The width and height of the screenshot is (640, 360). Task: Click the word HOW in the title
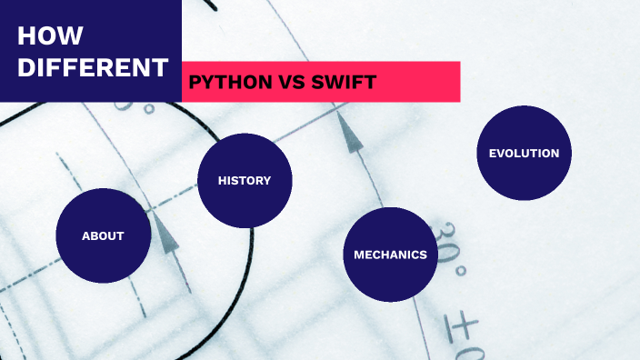pyautogui.click(x=51, y=36)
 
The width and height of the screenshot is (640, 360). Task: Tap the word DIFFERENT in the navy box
pyautogui.click(x=93, y=67)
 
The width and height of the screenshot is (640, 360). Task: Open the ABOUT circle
pyautogui.click(x=103, y=235)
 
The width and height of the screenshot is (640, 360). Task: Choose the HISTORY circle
pyautogui.click(x=244, y=180)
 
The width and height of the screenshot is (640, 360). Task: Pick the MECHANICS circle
pyautogui.click(x=390, y=255)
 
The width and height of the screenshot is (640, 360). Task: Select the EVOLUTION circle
pyautogui.click(x=524, y=153)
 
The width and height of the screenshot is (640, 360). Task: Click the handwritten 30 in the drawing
pyautogui.click(x=443, y=244)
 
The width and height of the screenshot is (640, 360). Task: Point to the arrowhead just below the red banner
pyautogui.click(x=350, y=134)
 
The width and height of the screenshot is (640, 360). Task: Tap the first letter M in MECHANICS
pyautogui.click(x=359, y=255)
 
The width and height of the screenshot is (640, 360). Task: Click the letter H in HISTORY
pyautogui.click(x=222, y=180)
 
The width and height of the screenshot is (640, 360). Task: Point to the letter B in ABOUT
pyautogui.click(x=95, y=235)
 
